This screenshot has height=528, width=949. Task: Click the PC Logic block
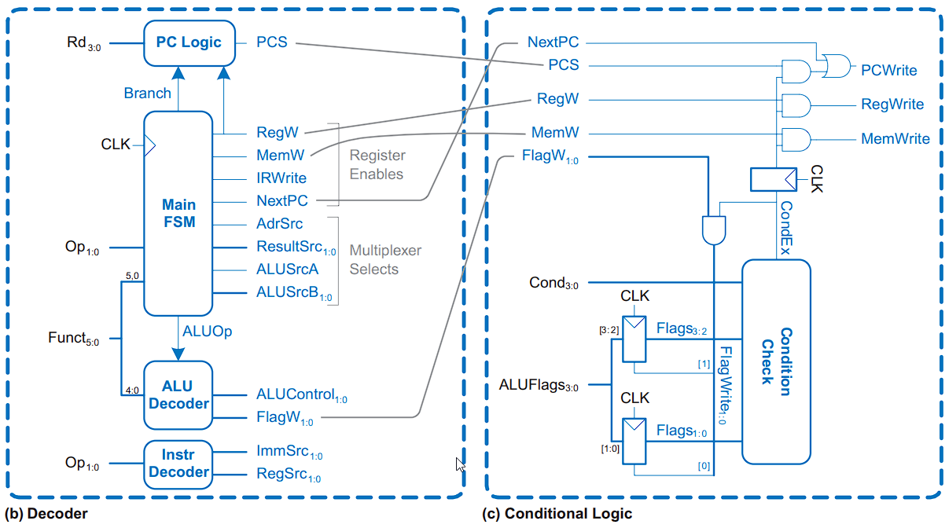pos(189,42)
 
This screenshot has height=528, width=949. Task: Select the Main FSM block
pos(178,213)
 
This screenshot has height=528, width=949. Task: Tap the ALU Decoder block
pos(178,394)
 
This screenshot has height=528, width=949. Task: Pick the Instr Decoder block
pos(178,464)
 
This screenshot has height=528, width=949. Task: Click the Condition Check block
pos(775,361)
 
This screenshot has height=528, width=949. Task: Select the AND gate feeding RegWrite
pos(796,104)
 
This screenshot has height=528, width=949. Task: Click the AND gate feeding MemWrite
pos(796,139)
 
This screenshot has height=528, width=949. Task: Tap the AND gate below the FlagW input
pos(714,229)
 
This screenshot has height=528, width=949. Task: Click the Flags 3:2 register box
pos(635,339)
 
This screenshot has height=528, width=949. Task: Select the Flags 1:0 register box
pos(635,440)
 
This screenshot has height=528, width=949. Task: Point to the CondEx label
pos(785,228)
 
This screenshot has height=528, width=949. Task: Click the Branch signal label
pos(147,93)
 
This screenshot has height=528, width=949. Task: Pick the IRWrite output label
pos(281,178)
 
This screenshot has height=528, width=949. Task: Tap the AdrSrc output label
pos(279,224)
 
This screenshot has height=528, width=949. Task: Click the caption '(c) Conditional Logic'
pos(557,514)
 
